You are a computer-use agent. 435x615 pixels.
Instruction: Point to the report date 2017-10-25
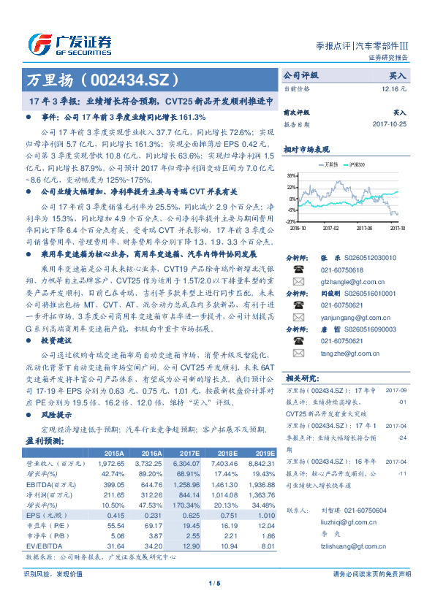coord(389,125)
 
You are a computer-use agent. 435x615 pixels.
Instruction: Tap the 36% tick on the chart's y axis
coord(291,176)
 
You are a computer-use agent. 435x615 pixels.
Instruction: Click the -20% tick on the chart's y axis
coord(291,221)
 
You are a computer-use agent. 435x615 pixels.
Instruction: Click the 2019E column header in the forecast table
coord(263,454)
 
